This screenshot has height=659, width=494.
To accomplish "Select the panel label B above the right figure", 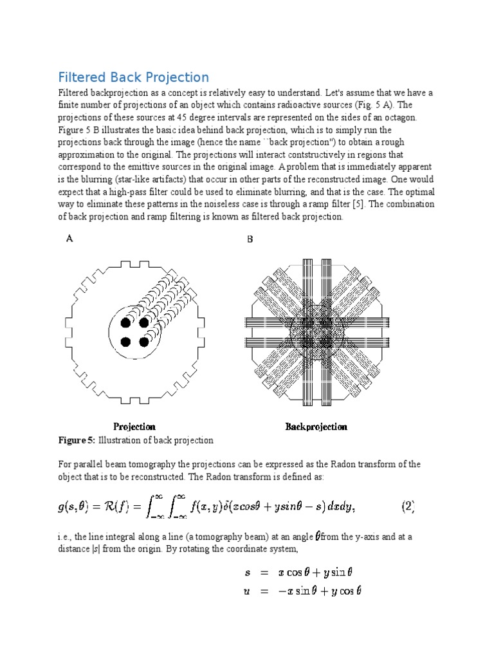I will tap(250, 239).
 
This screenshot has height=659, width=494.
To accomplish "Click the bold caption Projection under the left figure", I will tap(134, 427).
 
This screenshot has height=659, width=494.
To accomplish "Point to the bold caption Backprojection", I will tap(316, 427).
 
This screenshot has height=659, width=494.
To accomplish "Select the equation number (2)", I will tap(408, 506).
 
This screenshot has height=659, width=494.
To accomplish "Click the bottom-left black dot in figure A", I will tap(127, 341).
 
